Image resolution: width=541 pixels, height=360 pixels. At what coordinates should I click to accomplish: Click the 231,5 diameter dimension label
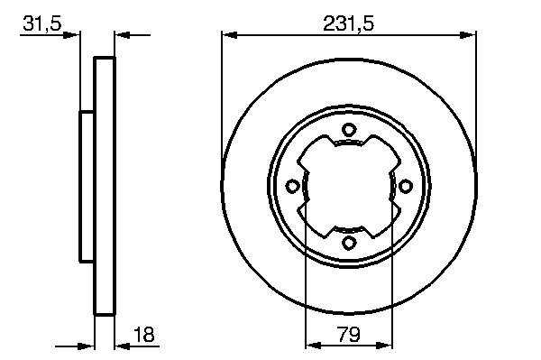[348, 24]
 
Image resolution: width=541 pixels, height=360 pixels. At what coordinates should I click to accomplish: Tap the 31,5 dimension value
[42, 23]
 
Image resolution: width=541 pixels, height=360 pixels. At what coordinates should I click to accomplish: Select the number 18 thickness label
[144, 334]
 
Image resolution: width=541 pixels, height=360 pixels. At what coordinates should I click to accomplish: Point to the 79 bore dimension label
[350, 334]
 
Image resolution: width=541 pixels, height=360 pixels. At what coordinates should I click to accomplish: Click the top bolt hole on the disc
[349, 130]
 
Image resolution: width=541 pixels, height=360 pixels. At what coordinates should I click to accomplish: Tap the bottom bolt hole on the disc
[349, 243]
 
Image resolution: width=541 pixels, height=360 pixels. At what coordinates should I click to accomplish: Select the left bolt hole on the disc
[292, 187]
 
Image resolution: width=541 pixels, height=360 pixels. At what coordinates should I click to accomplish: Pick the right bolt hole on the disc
[405, 187]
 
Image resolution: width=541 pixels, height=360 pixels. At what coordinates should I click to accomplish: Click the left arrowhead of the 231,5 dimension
[229, 35]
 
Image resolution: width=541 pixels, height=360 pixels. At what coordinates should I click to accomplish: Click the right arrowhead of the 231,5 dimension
[468, 35]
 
